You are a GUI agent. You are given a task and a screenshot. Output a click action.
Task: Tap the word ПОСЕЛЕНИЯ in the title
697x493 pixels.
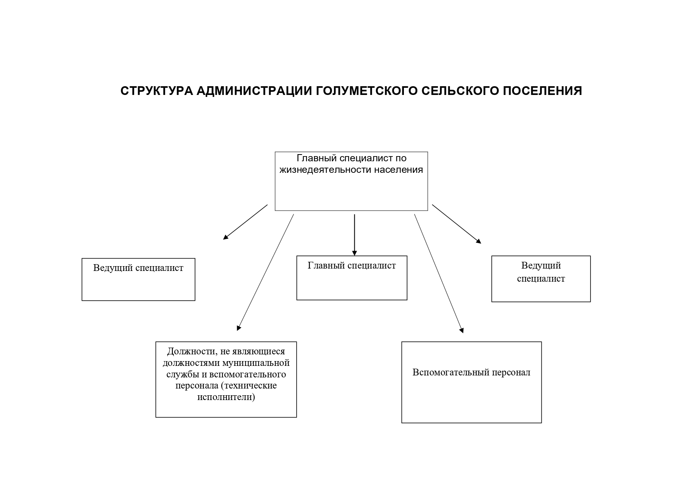[x=543, y=91]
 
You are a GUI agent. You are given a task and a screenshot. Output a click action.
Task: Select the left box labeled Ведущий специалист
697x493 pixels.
[x=138, y=280]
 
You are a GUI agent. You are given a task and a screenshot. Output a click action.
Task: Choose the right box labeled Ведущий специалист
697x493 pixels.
[x=541, y=279]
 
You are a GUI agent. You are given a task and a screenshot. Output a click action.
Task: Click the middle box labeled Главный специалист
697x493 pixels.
[x=352, y=278]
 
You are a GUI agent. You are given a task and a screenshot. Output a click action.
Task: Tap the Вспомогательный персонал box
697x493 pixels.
[x=471, y=382]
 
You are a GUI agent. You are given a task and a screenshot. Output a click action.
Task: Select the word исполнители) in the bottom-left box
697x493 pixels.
[x=226, y=397]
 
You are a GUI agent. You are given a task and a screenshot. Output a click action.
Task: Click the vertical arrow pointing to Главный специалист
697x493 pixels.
[x=354, y=235]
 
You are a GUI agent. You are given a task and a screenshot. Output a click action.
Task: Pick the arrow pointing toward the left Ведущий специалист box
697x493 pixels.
[x=245, y=222]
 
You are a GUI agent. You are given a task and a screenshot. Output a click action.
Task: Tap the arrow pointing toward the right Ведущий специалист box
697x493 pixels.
[x=457, y=224]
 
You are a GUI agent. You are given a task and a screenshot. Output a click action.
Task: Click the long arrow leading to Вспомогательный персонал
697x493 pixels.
[x=439, y=273]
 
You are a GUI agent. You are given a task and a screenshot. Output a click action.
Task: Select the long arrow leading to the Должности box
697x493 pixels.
[x=265, y=273]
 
